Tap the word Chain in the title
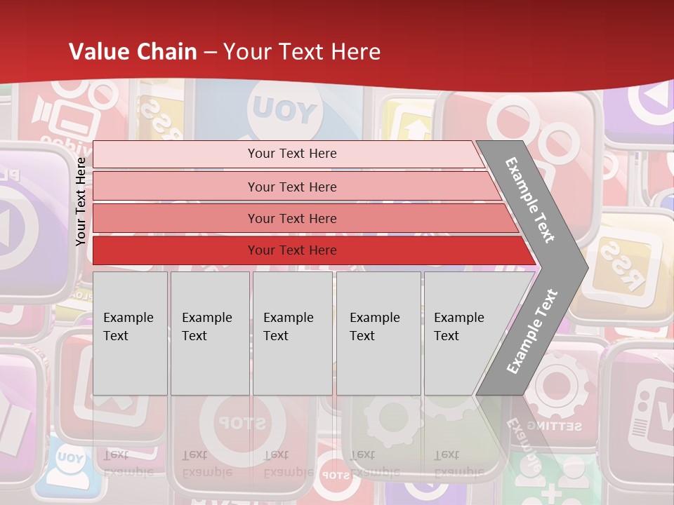click(167, 52)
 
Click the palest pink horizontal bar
click(288, 154)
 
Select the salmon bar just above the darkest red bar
click(302, 219)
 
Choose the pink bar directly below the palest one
click(295, 187)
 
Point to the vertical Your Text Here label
click(81, 201)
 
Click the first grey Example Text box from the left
click(130, 333)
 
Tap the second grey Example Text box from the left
click(209, 333)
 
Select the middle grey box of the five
click(292, 333)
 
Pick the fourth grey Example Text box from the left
click(378, 333)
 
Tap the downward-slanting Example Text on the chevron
click(530, 200)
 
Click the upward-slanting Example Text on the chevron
click(531, 331)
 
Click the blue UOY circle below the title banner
click(284, 110)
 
